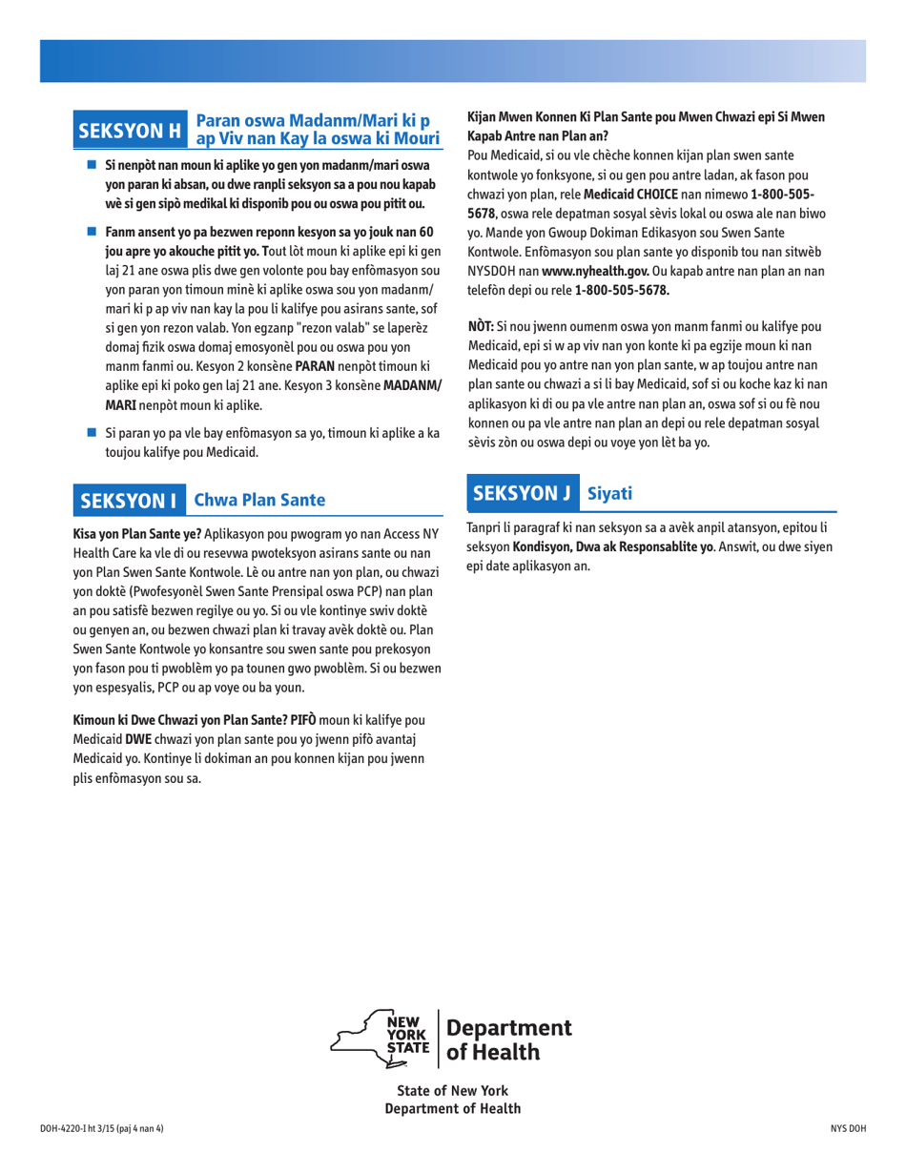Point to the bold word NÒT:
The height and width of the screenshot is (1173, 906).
[x=480, y=327]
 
